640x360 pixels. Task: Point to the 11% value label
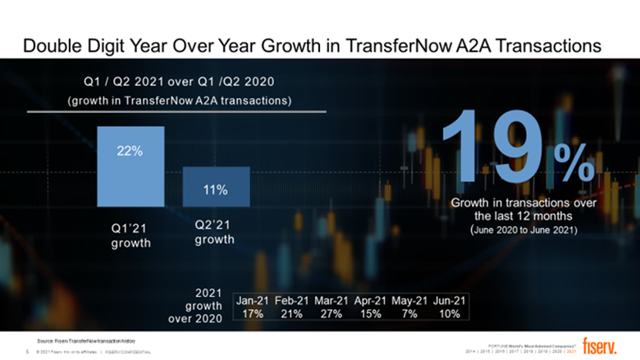(x=216, y=190)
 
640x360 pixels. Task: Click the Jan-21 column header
(x=253, y=301)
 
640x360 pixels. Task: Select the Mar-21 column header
(x=331, y=301)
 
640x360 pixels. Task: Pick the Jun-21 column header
(x=450, y=301)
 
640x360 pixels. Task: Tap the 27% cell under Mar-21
(x=331, y=315)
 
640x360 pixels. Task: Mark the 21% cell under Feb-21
(x=292, y=315)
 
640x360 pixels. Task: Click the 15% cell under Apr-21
(x=371, y=315)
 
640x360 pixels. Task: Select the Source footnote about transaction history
(x=84, y=339)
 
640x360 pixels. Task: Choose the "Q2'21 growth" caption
(x=215, y=232)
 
